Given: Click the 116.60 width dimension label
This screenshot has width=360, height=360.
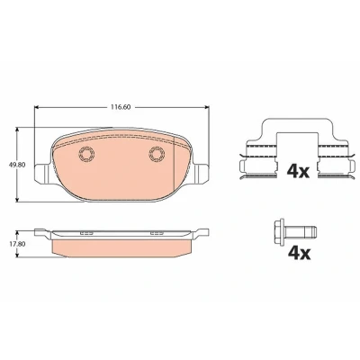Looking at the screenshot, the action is click(x=121, y=107).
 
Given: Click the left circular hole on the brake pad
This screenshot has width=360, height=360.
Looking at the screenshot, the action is click(x=86, y=154).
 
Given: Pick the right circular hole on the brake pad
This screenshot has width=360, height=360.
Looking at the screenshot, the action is click(x=157, y=154).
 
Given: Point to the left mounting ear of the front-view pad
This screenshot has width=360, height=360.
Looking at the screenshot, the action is click(x=43, y=173).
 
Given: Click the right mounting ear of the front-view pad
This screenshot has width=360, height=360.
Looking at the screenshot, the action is click(x=201, y=173).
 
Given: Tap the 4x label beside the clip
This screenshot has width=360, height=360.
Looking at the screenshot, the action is click(x=298, y=171).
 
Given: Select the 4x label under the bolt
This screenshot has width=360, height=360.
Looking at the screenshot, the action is click(x=299, y=254).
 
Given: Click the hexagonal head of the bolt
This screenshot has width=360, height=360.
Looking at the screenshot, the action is click(x=279, y=231).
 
